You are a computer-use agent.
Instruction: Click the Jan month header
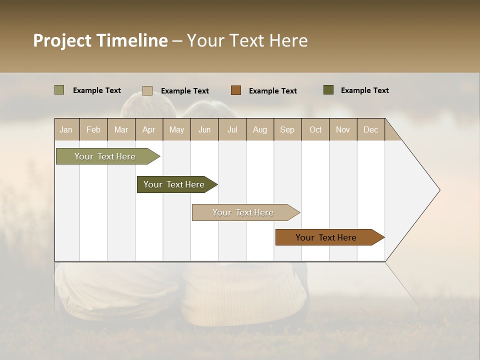click(x=66, y=129)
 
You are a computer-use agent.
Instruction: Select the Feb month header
click(x=93, y=129)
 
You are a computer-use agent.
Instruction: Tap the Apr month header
click(x=149, y=129)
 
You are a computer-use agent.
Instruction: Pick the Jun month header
click(x=204, y=129)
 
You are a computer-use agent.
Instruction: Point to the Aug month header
click(x=260, y=129)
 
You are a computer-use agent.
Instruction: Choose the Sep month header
click(x=287, y=129)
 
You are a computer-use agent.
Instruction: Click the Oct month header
click(x=315, y=129)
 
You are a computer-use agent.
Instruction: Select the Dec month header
click(x=370, y=129)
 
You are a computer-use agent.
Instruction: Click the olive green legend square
click(x=59, y=90)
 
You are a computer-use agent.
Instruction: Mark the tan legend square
click(x=147, y=90)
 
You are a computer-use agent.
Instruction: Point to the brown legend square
click(x=236, y=90)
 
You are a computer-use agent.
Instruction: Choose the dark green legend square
click(x=328, y=90)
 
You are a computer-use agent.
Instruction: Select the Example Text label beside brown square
click(x=272, y=91)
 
